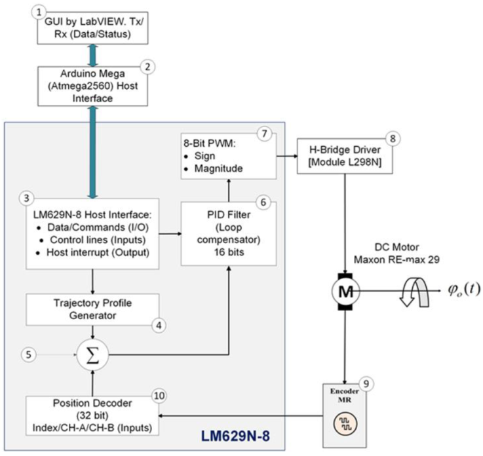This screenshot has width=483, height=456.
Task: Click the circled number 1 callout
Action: tap(41, 12)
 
